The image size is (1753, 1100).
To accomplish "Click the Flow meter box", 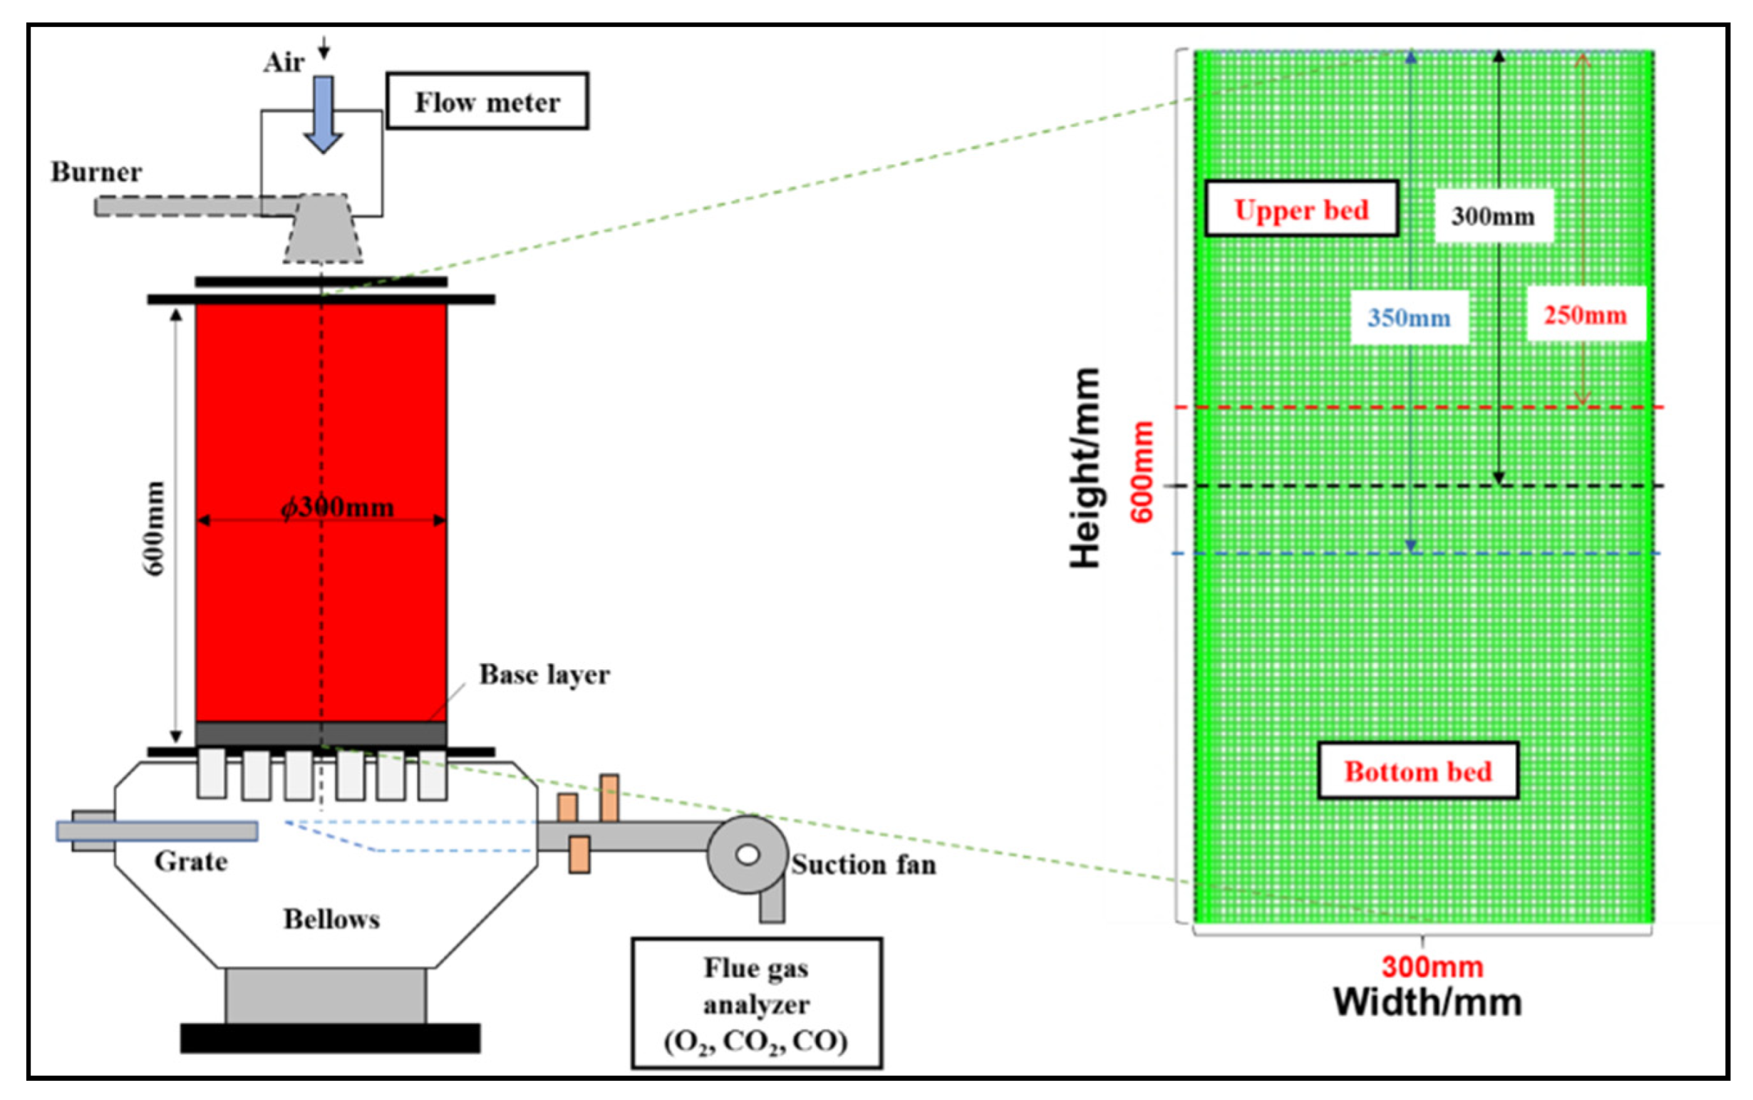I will tap(487, 101).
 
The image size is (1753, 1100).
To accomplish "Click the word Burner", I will tap(96, 173).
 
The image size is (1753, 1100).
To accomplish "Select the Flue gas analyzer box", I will tap(756, 1004).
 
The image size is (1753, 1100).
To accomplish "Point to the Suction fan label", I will tap(864, 864).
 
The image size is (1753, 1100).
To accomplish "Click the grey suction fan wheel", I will tap(748, 854).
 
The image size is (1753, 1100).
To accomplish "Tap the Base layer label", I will tap(544, 674).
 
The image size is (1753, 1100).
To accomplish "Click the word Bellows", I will tap(331, 919).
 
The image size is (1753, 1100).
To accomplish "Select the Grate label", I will tap(190, 861).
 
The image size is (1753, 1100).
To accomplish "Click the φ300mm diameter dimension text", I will tap(337, 506).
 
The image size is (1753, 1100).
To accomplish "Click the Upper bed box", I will tap(1300, 210).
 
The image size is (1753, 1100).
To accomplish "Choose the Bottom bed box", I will tap(1417, 771).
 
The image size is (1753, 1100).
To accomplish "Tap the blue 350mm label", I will tap(1408, 318).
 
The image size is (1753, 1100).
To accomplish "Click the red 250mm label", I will tap(1585, 315).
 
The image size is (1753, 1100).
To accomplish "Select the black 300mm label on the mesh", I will tap(1493, 216).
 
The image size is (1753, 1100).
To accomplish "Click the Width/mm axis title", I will tap(1427, 1002).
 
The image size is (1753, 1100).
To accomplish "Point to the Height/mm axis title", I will tap(1085, 468).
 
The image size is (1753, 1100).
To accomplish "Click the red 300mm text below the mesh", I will tap(1432, 967).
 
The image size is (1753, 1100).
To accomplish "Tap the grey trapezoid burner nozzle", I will tap(323, 228).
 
